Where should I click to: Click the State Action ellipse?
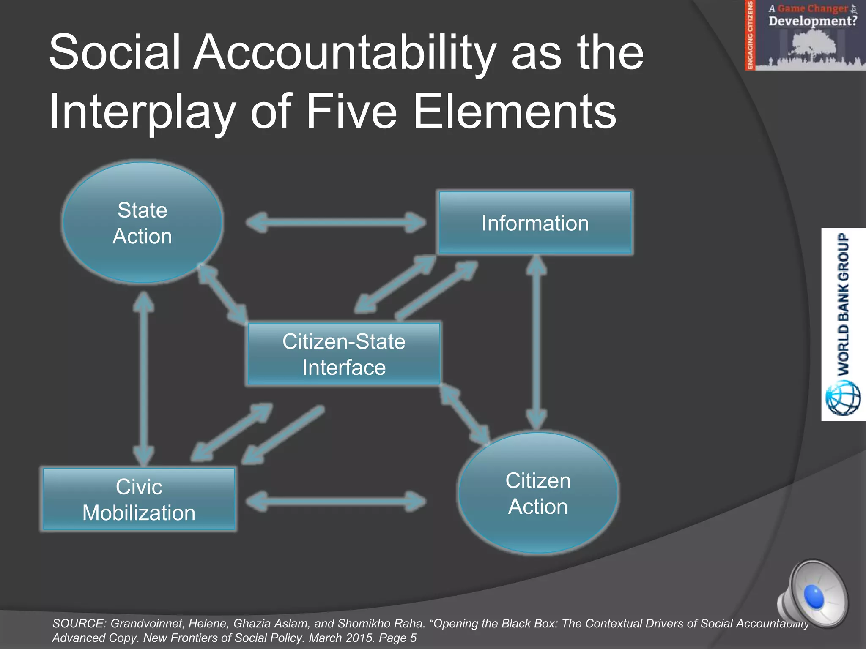tap(143, 223)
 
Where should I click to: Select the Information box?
tap(535, 223)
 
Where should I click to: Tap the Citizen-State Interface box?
tap(343, 354)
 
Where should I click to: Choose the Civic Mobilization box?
tap(139, 499)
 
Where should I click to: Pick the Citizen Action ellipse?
tap(538, 493)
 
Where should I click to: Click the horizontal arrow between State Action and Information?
tap(336, 222)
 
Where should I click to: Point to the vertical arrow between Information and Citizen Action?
tap(537, 342)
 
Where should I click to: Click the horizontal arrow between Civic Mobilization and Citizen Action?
tap(336, 502)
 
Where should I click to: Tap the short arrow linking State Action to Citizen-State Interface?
tap(223, 294)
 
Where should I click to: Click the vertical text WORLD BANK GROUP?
tap(844, 304)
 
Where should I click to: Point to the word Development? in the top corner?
tap(812, 21)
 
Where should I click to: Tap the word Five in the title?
tap(351, 112)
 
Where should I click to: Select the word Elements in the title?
tap(515, 112)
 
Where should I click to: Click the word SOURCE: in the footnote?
tap(79, 624)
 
